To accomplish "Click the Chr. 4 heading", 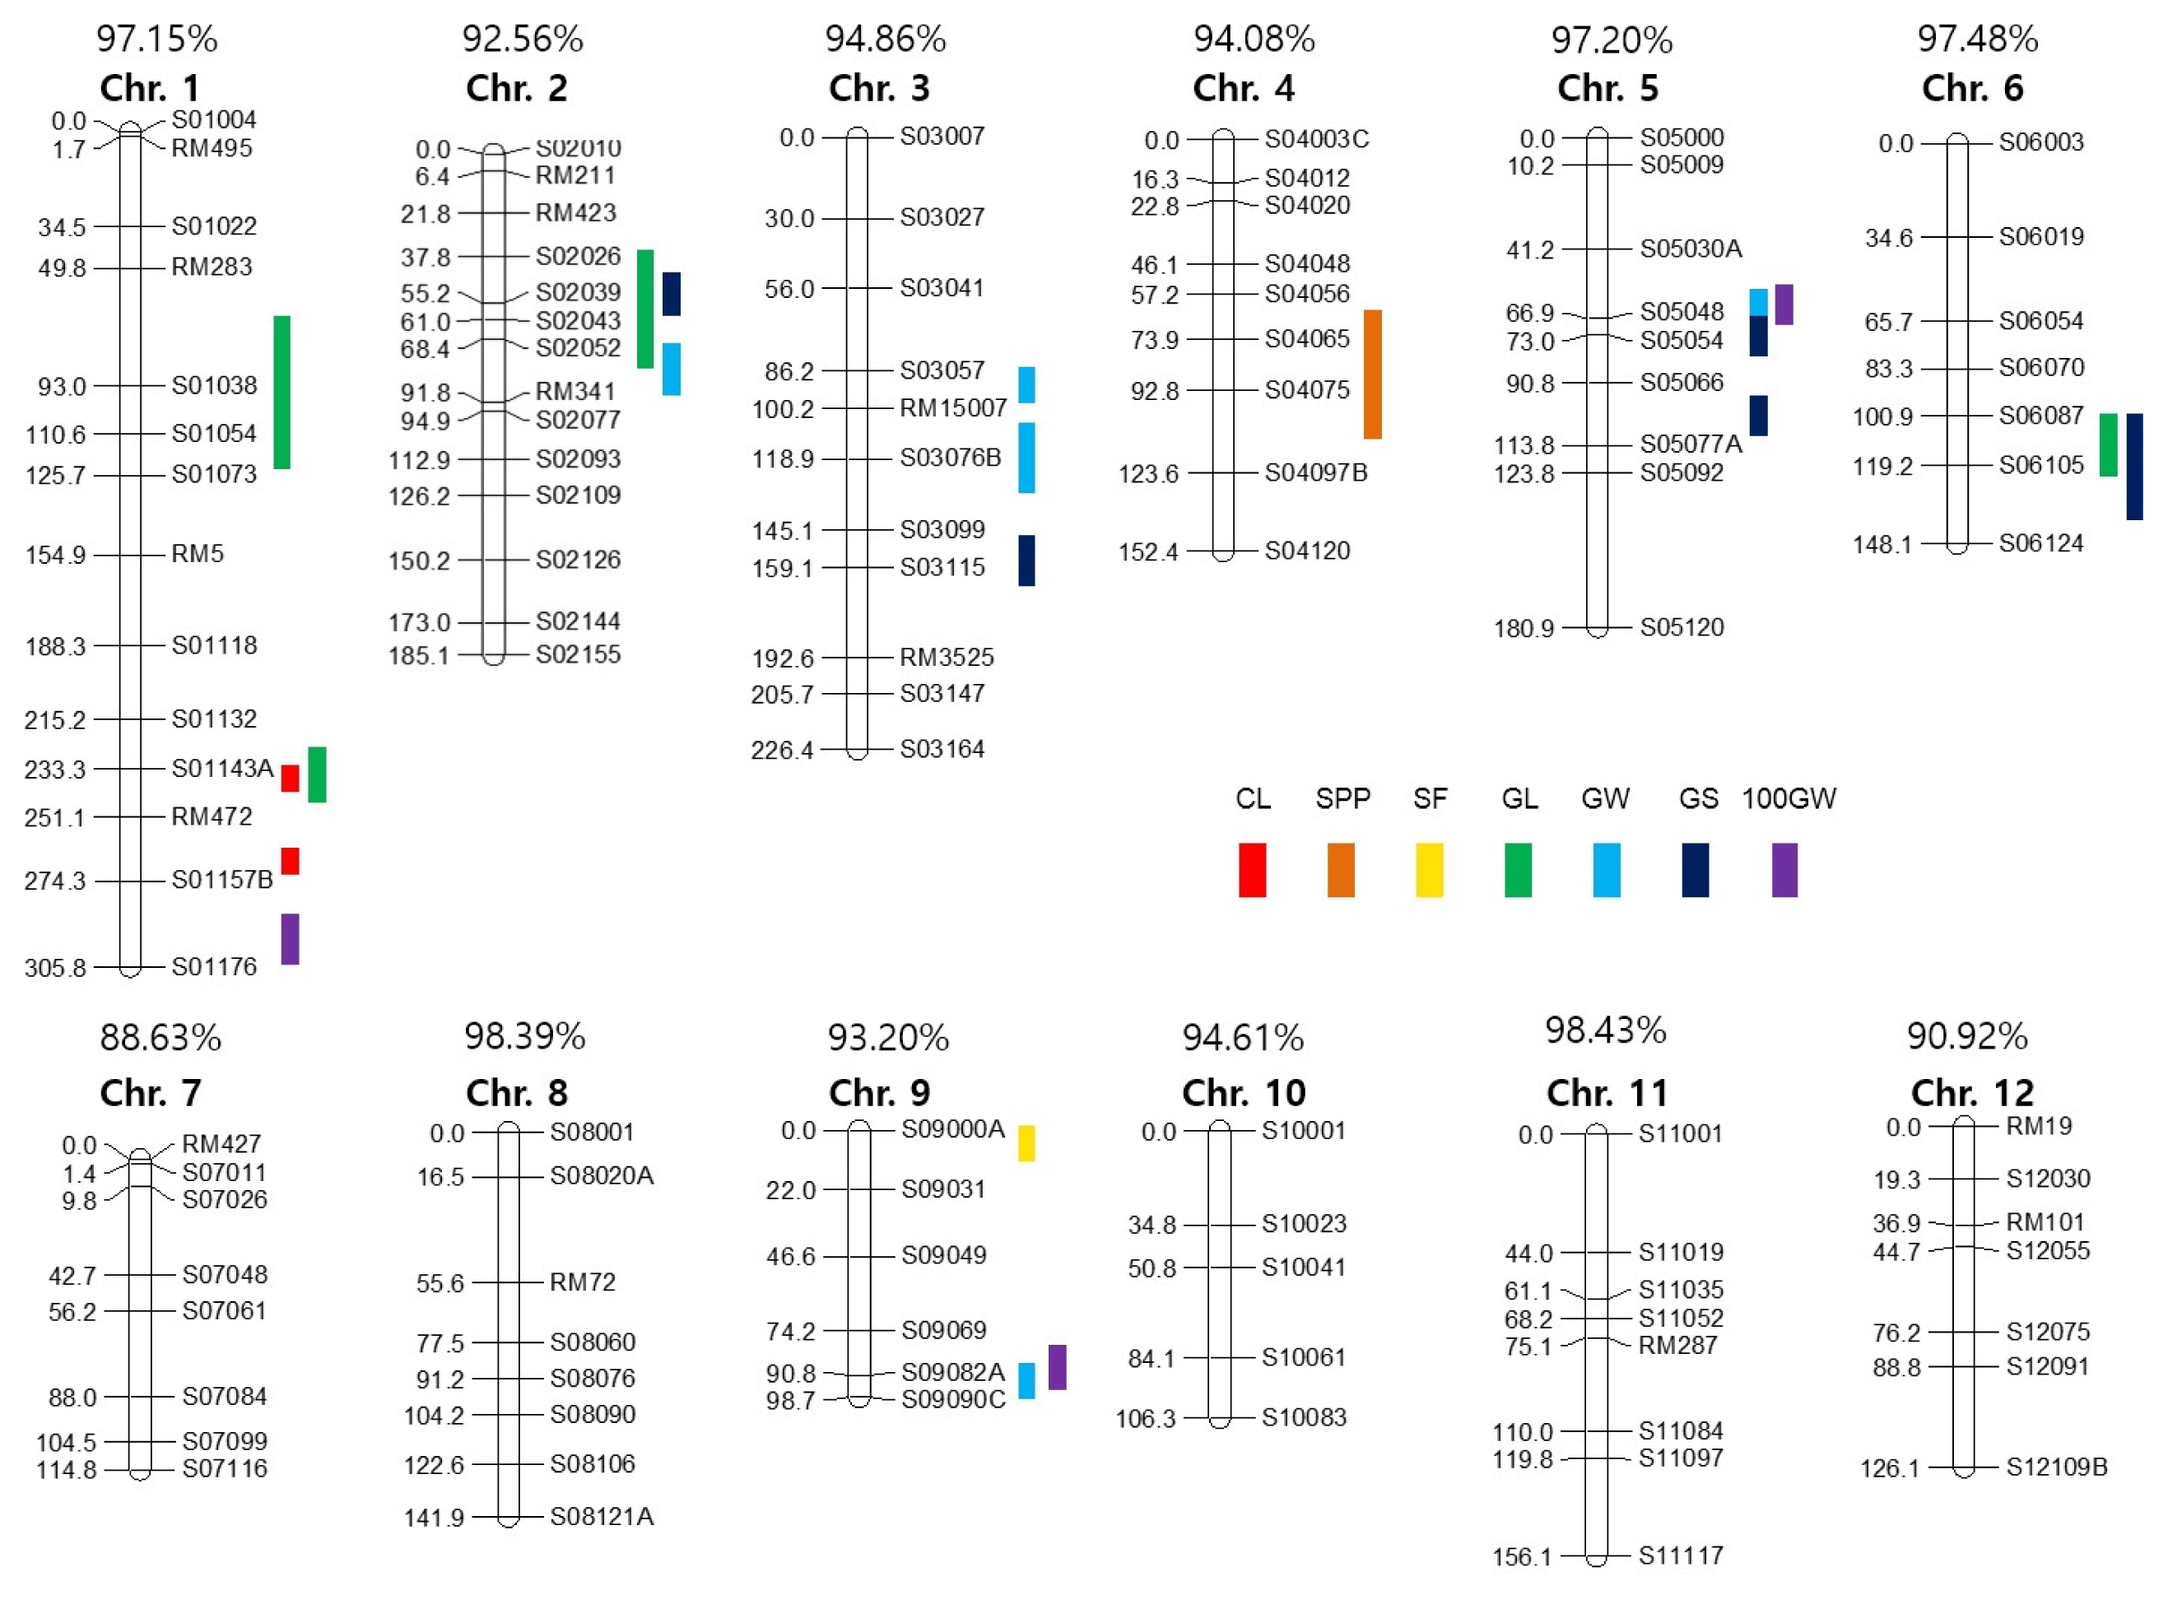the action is coord(1244,88).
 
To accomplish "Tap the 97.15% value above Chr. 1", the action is coord(157,40).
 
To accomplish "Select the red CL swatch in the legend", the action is coord(1252,870).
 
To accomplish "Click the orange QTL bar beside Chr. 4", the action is coord(1372,374).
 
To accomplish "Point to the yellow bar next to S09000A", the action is coord(1026,1143).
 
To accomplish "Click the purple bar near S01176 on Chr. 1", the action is coord(290,938).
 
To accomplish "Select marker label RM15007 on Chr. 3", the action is coord(953,407).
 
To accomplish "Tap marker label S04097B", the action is coord(1316,472).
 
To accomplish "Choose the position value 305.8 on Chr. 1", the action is coord(55,968).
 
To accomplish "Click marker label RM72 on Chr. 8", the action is coord(582,1282).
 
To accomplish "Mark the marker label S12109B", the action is coord(2057,1467).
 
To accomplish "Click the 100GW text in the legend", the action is coord(1789,799).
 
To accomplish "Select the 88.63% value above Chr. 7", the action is coord(161,1038).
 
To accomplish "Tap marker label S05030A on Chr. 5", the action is coord(1691,249).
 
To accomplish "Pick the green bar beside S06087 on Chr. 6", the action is coord(2108,444).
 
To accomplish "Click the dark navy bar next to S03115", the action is coord(1026,560).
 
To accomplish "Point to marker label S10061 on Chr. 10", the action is coord(1303,1358).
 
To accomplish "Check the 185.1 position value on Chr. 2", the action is coord(419,656).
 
